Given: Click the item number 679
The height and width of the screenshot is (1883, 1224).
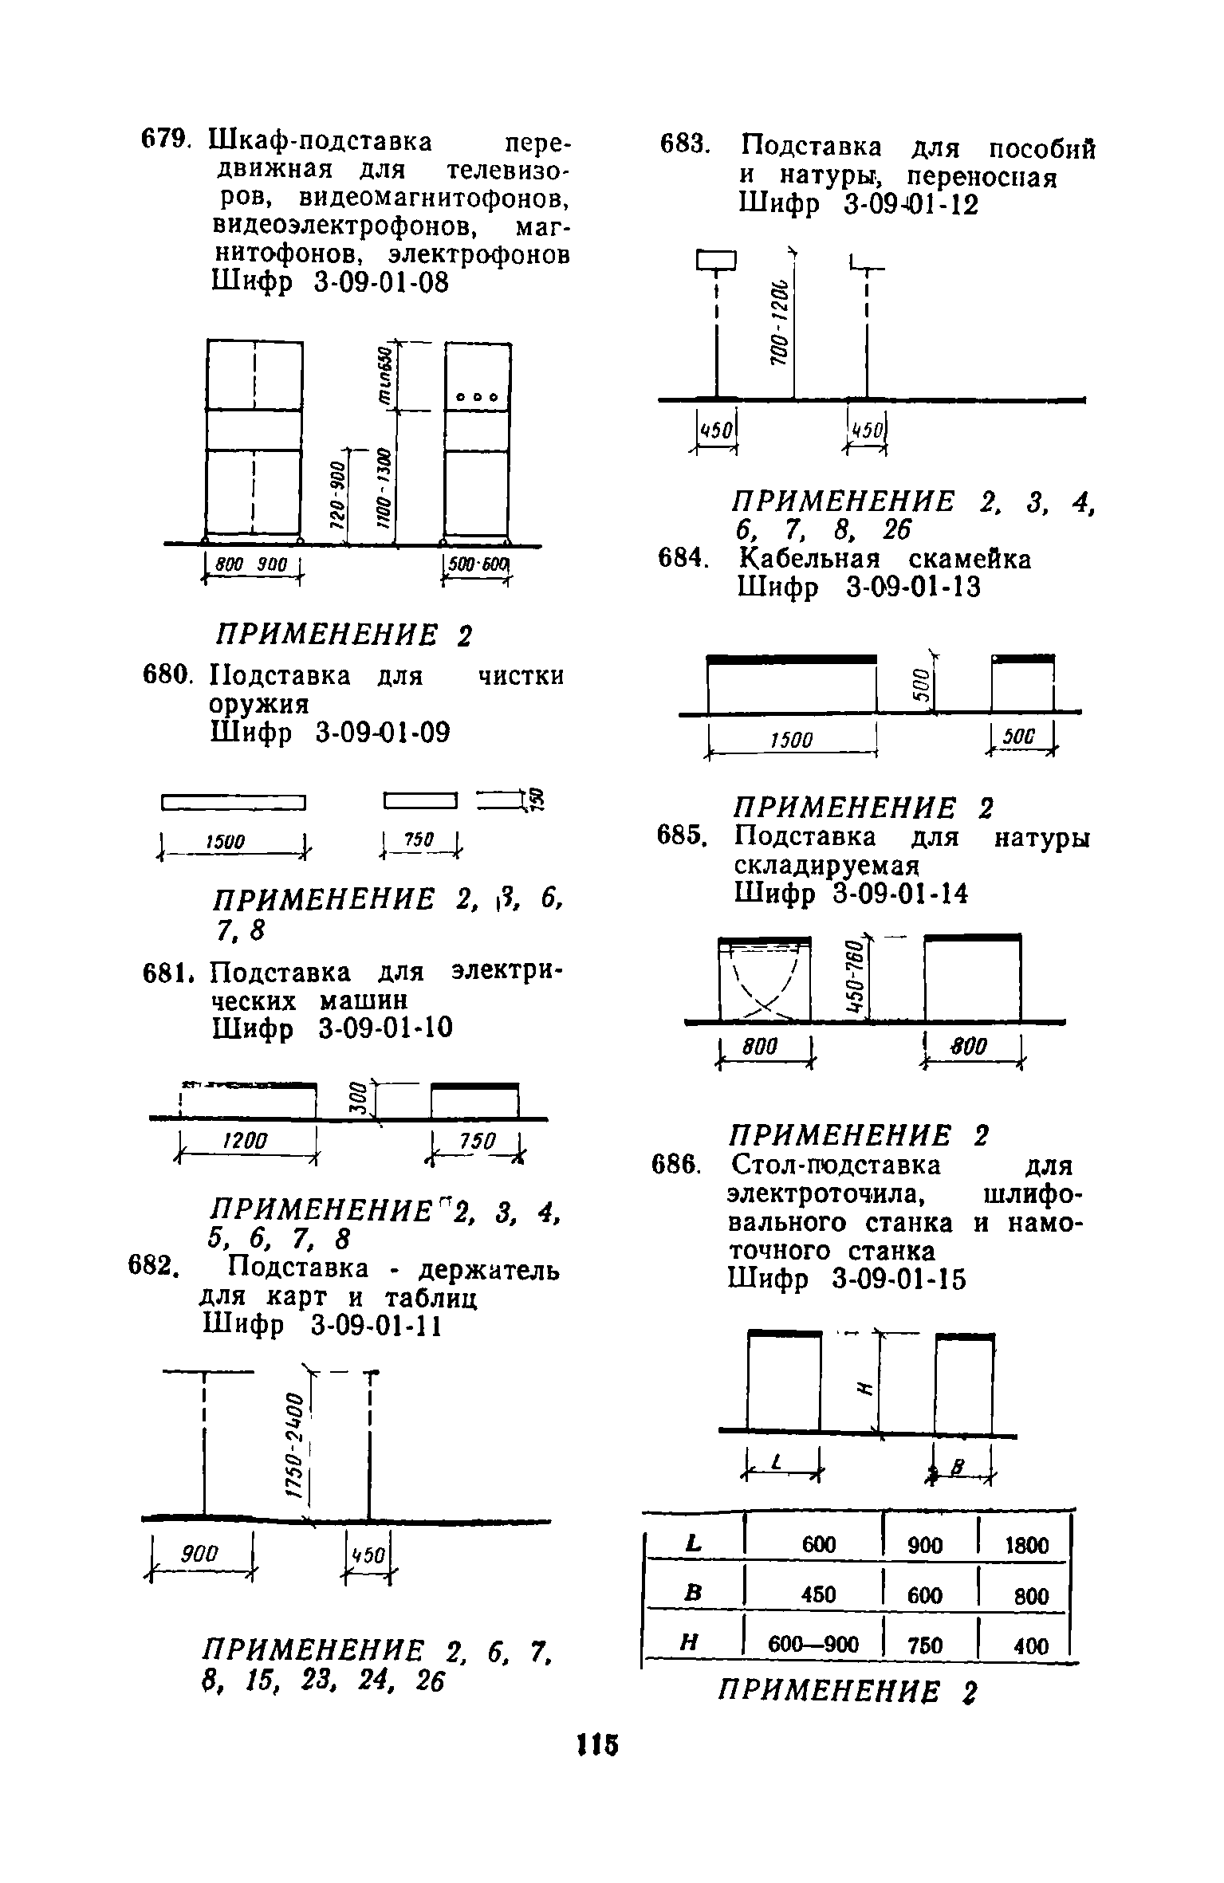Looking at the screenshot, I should click(x=165, y=140).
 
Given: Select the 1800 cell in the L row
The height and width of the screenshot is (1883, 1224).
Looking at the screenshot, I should click(x=1025, y=1546).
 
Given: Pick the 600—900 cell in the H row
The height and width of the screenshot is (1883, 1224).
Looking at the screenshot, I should click(x=813, y=1645).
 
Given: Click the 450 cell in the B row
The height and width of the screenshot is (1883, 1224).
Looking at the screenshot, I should click(x=818, y=1595).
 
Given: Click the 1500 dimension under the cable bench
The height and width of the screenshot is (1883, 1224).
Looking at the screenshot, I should click(x=792, y=741).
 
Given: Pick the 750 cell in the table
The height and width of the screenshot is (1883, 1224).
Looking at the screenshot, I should click(x=925, y=1645).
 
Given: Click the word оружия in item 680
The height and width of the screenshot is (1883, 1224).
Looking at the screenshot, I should click(x=258, y=705).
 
